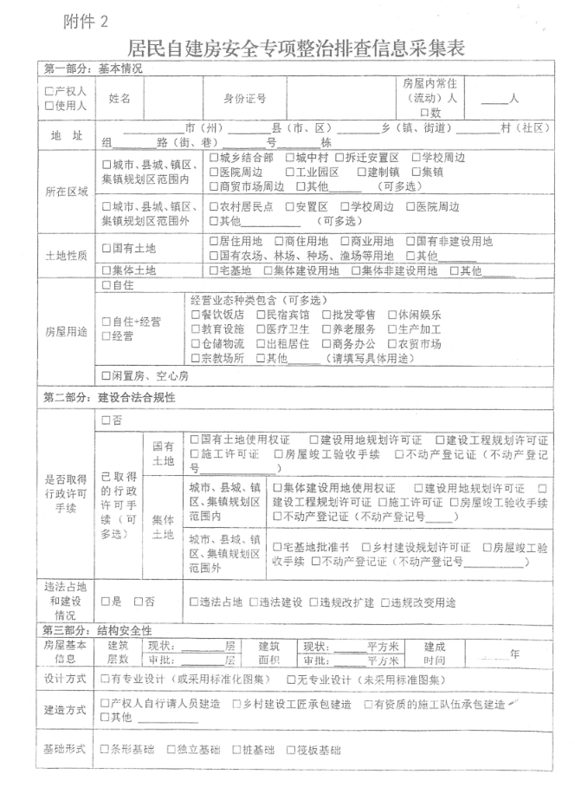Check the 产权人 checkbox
point(49,91)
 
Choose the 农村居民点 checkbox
point(216,207)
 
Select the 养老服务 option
point(326,329)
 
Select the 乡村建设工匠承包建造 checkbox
point(237,704)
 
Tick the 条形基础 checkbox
point(106,749)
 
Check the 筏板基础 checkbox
point(290,749)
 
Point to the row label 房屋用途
point(67,332)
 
